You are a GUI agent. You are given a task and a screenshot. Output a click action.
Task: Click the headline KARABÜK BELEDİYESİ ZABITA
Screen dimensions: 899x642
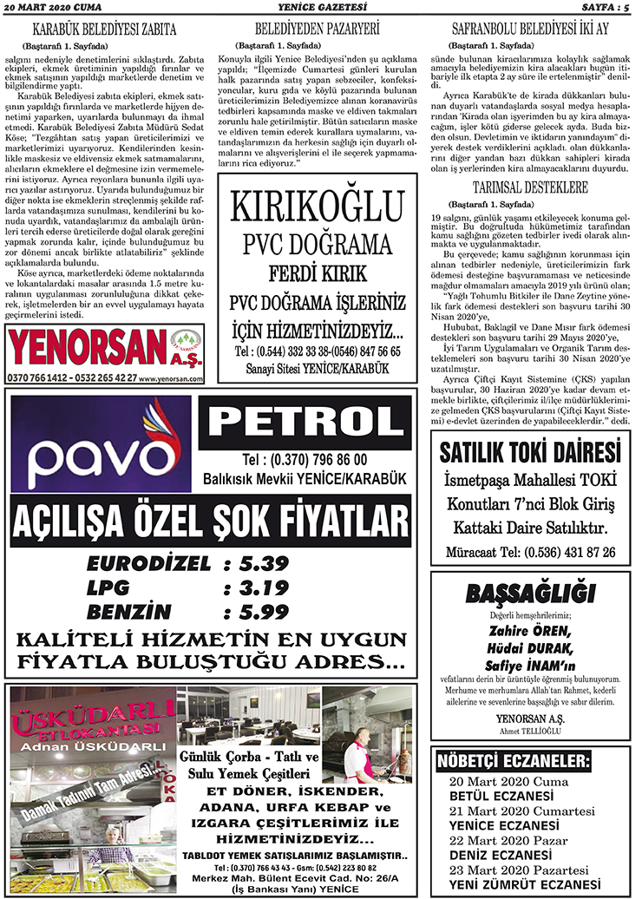(x=109, y=28)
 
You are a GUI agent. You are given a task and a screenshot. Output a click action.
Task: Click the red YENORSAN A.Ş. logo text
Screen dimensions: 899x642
(x=87, y=347)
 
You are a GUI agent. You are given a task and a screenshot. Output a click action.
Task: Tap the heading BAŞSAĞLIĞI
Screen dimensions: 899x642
(x=530, y=594)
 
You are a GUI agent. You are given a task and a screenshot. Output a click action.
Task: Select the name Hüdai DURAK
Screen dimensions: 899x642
(x=530, y=647)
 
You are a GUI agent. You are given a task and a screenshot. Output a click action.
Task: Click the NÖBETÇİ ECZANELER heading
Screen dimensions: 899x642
(x=514, y=763)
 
